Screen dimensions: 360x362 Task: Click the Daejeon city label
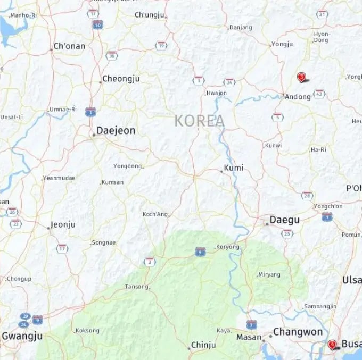116,131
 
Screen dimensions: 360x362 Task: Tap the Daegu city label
284,220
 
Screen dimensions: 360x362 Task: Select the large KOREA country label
200,121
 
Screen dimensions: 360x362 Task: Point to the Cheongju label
121,79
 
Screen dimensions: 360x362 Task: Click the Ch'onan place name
69,46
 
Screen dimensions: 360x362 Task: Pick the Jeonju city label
62,225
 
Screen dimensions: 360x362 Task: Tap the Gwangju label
22,336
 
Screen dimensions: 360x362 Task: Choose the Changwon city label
298,332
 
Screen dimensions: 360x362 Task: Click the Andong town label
298,97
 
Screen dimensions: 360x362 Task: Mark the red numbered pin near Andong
301,78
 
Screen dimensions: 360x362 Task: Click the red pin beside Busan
332,345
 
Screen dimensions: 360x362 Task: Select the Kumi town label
234,168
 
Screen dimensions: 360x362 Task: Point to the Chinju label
203,345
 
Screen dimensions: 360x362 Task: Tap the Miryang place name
269,275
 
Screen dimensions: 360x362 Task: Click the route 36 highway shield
112,55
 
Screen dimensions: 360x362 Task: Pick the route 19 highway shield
161,46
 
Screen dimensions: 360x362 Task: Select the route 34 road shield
229,82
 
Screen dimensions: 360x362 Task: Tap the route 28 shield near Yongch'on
307,196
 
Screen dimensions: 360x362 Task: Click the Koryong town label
228,247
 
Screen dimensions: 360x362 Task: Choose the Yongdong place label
128,166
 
